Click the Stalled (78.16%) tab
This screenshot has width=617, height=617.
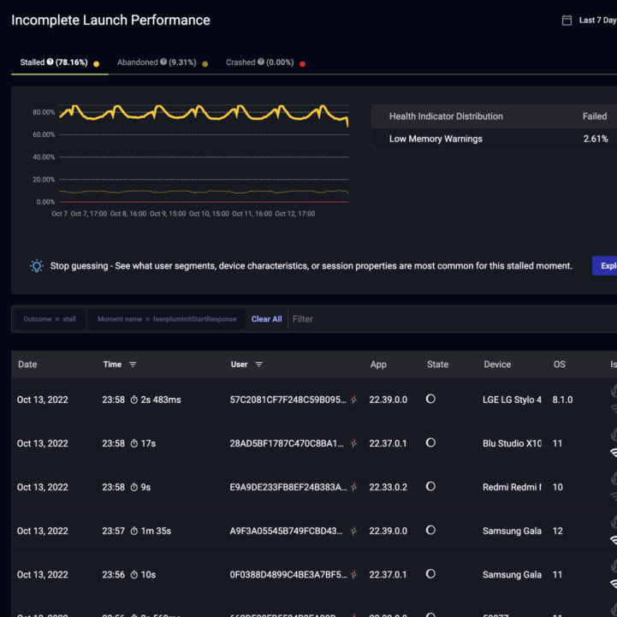pos(58,62)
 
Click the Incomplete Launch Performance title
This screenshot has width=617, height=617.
pos(110,20)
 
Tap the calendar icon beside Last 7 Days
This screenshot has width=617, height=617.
pos(567,21)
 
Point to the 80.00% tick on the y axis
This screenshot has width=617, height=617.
pos(44,112)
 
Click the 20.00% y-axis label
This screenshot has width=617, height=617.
pos(44,180)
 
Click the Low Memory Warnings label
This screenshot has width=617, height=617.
pos(436,139)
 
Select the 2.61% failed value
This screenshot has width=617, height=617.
pos(596,139)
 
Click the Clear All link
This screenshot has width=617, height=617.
pos(266,319)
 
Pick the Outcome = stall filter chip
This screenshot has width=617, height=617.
pos(50,319)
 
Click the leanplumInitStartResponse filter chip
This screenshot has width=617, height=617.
pos(167,319)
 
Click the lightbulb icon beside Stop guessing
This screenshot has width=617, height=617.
pos(37,266)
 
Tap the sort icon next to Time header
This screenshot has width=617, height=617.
pos(133,365)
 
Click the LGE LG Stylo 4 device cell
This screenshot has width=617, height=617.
pos(512,400)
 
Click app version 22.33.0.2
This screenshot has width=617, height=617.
pos(389,487)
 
